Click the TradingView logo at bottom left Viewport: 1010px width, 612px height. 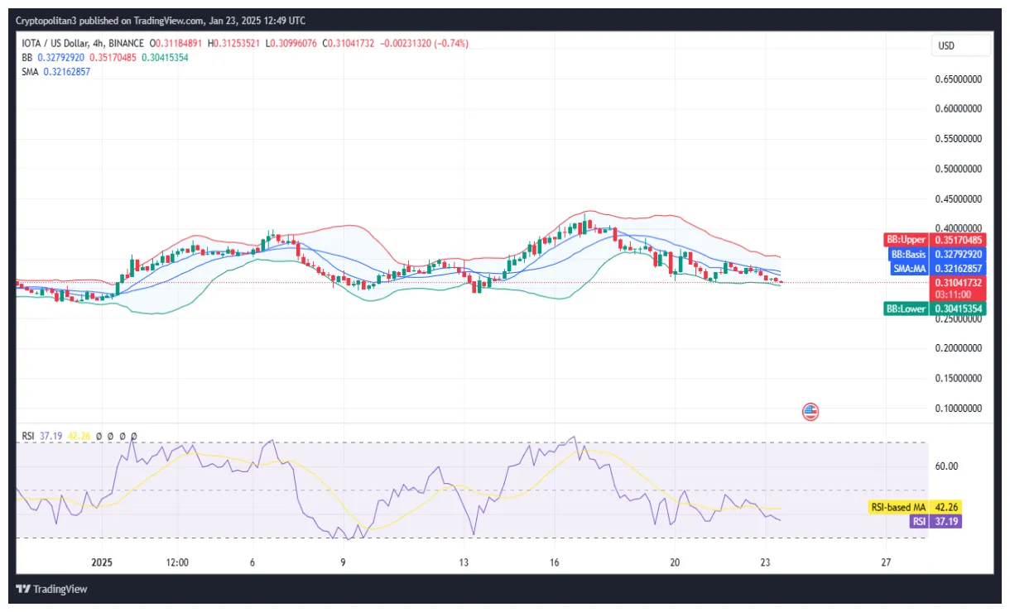click(x=52, y=590)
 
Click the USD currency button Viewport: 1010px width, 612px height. click(x=945, y=45)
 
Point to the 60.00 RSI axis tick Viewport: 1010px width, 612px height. click(x=946, y=466)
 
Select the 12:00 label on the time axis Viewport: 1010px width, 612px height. click(x=177, y=562)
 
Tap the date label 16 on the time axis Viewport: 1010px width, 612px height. click(x=554, y=562)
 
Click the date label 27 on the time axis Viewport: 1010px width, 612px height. click(x=886, y=562)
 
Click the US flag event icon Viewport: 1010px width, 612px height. click(x=810, y=411)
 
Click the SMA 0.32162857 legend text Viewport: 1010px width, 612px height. click(x=56, y=72)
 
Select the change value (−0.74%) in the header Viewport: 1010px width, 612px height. click(x=449, y=43)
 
